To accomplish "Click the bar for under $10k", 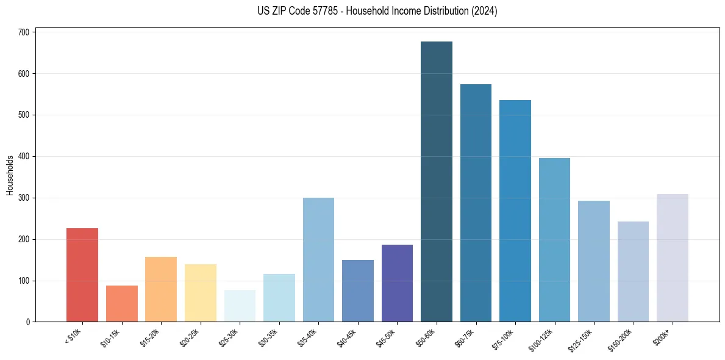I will click(x=82, y=275).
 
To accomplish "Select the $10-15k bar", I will click(x=122, y=304).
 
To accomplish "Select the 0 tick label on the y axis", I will click(x=28, y=322).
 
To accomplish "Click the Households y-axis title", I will click(x=10, y=175).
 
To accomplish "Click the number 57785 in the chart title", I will click(x=330, y=11).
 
